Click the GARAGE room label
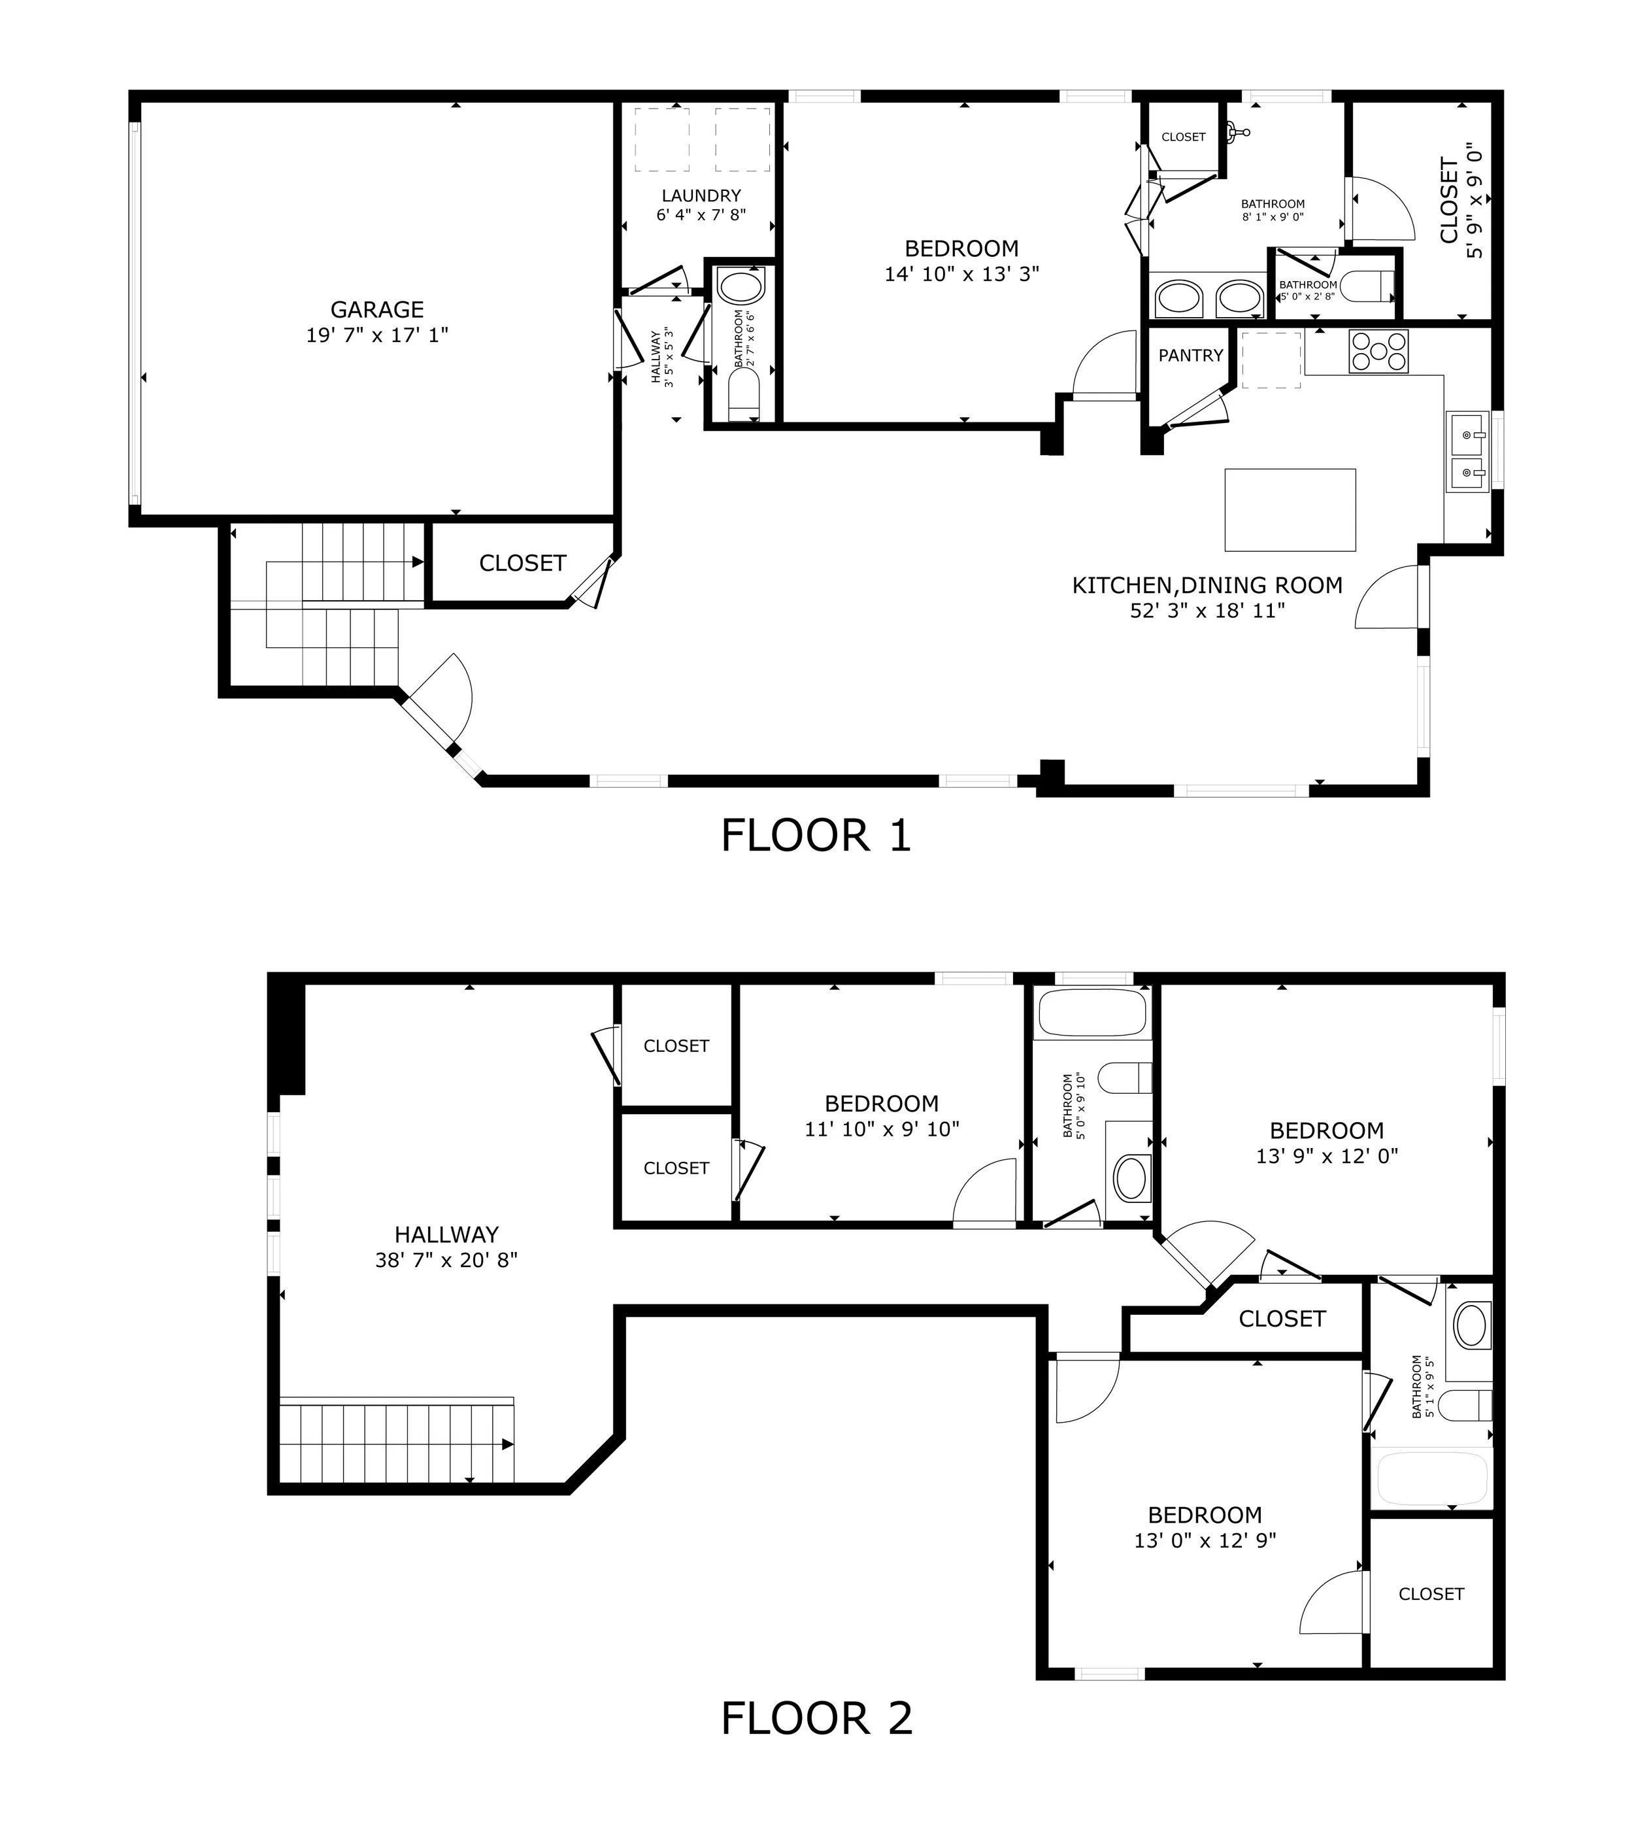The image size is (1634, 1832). point(377,310)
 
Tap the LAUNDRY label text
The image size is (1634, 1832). point(701,195)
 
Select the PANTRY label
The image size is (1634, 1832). point(1190,356)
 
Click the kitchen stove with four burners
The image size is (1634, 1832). point(1380,351)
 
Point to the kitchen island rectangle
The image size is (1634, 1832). point(1290,509)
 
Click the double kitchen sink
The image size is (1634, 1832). point(1467,452)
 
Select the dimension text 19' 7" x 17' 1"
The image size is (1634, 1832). point(377,335)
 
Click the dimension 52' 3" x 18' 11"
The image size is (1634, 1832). point(1208,611)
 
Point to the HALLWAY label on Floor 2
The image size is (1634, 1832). point(446,1235)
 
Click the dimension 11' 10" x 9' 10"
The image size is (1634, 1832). point(882,1129)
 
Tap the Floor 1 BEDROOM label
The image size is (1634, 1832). point(961,248)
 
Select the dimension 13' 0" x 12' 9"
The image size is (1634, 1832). point(1205,1540)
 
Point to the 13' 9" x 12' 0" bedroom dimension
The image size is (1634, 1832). point(1327,1156)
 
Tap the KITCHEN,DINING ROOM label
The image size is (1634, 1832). point(1208,586)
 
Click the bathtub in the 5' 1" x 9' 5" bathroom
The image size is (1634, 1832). point(1431,1479)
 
